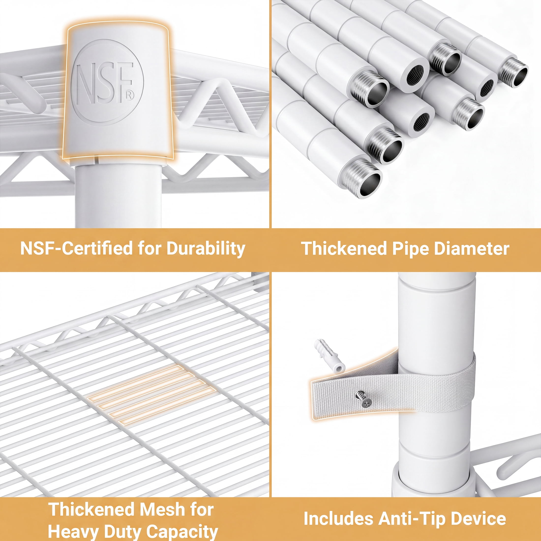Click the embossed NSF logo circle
(x=107, y=82)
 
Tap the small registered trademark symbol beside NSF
(x=130, y=95)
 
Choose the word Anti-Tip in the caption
(x=412, y=519)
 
